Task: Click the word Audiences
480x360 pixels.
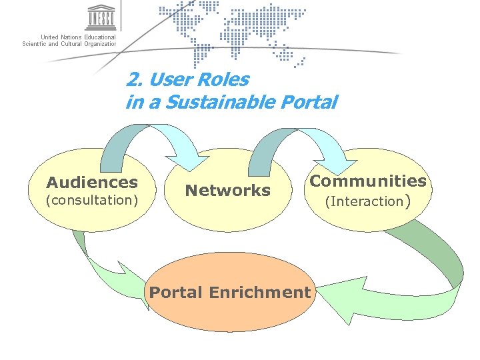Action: click(92, 182)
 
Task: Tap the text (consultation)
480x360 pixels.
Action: click(91, 200)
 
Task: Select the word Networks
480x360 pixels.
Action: click(227, 191)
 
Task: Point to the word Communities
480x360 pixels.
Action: click(368, 181)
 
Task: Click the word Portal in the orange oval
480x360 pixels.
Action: click(177, 292)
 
